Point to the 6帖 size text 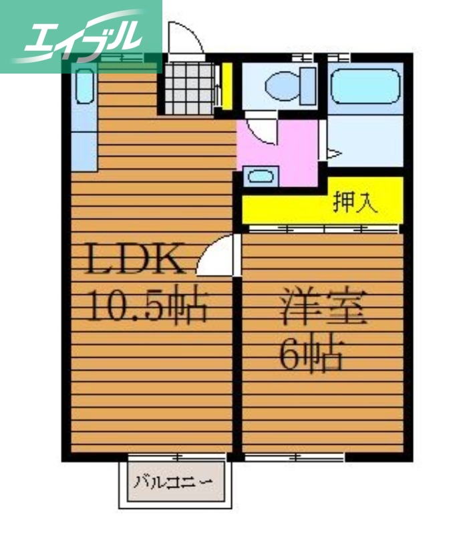click(x=311, y=354)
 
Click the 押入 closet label click(x=355, y=202)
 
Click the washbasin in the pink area click(x=259, y=177)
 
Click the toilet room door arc click(x=261, y=129)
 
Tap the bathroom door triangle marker click(x=333, y=154)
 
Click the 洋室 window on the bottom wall click(x=294, y=458)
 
